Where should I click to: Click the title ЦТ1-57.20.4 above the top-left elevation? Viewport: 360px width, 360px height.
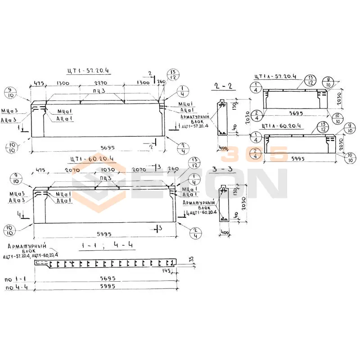click(x=88, y=71)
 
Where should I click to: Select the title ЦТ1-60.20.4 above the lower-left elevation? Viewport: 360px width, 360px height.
click(x=93, y=159)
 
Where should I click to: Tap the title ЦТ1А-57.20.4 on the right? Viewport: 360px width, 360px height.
click(x=275, y=76)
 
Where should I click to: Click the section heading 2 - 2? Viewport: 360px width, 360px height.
click(x=224, y=86)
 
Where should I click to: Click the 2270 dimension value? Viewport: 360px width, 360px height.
click(x=103, y=84)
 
